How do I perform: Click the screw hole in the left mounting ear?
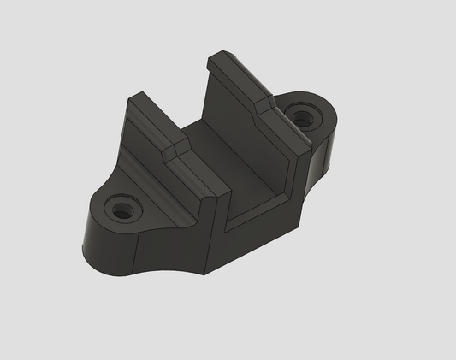(x=121, y=208)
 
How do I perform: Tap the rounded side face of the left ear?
(x=107, y=248)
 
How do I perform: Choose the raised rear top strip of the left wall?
(x=150, y=120)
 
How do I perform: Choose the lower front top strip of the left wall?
(x=192, y=175)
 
